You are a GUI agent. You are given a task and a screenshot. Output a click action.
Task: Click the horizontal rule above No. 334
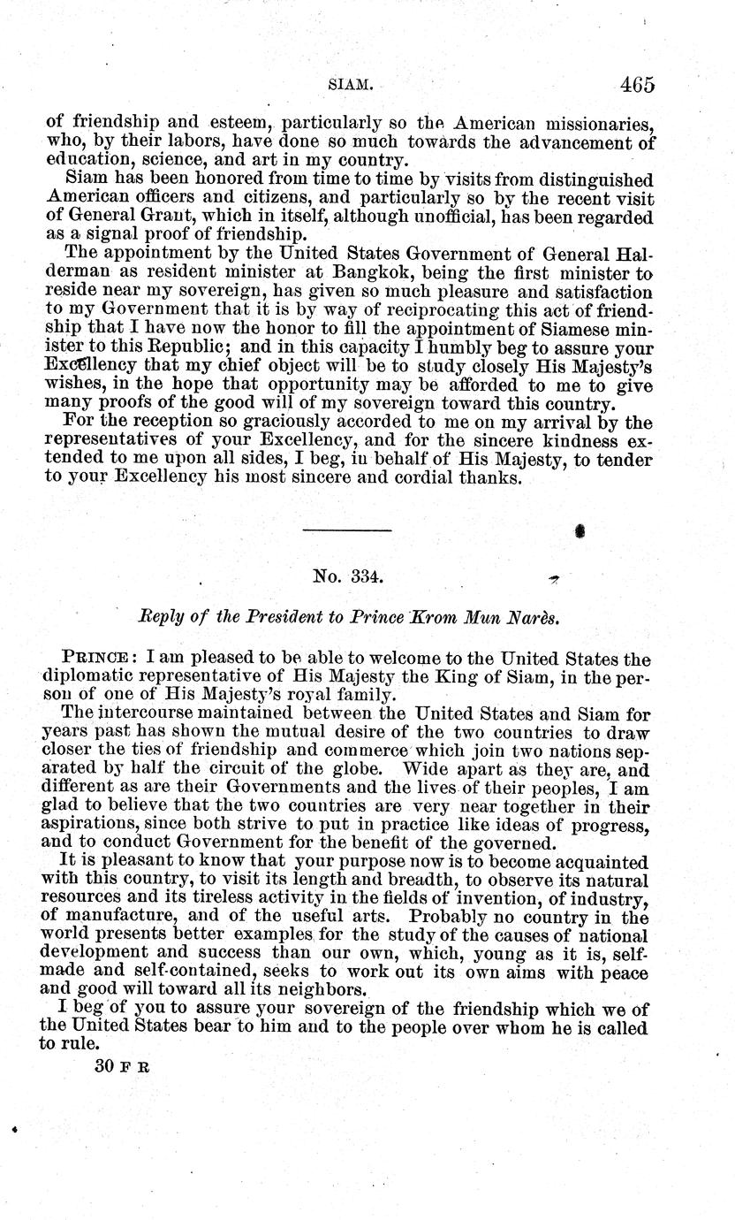tap(346, 530)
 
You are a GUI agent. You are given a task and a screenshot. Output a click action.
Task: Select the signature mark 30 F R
tap(122, 1066)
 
